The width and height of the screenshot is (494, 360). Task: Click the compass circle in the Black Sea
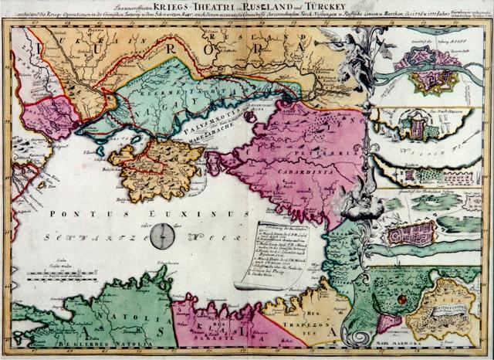click(x=161, y=236)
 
